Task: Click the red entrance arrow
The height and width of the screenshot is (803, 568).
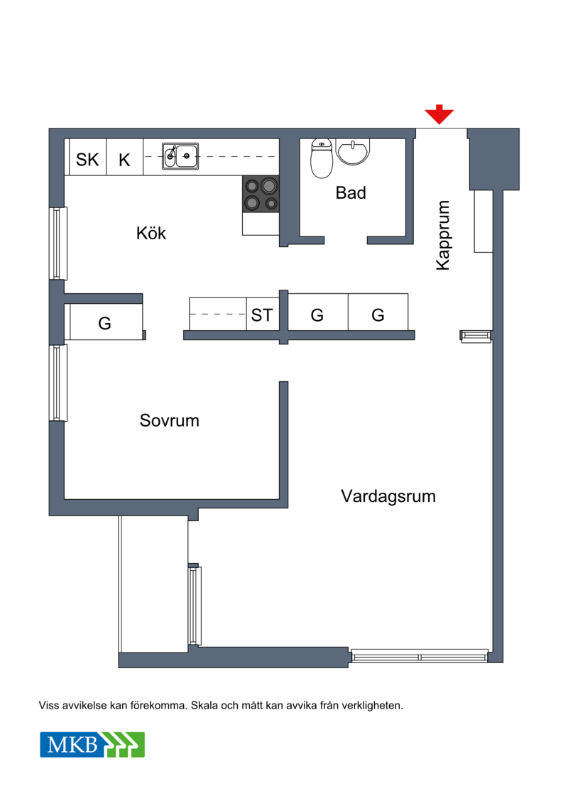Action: point(439,114)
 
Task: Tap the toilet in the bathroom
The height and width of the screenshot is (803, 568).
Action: point(322,158)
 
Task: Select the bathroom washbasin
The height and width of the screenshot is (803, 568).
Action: point(352,152)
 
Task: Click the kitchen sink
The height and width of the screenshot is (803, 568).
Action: point(180,155)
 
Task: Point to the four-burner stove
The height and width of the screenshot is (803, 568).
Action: point(261,194)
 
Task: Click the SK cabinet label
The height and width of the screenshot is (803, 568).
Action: point(87,160)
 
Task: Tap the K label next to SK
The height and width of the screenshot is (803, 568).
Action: point(124,160)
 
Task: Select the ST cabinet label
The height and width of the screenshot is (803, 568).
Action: point(262,315)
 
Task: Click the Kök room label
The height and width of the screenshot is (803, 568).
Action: point(151,233)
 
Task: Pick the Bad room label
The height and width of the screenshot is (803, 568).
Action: point(351,193)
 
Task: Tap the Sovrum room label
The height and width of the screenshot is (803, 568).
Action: point(170,420)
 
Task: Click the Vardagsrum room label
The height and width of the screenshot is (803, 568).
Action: point(388,496)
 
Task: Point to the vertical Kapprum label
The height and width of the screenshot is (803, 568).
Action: point(442,235)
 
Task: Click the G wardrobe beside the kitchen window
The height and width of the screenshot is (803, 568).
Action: point(106,322)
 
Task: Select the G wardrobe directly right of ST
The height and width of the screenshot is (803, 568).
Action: point(317,312)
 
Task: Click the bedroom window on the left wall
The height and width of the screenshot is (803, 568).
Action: point(59,383)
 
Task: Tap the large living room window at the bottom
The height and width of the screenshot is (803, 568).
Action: point(420,656)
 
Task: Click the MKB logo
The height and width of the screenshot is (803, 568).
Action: point(92,745)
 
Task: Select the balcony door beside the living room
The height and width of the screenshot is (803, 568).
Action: point(195,606)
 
